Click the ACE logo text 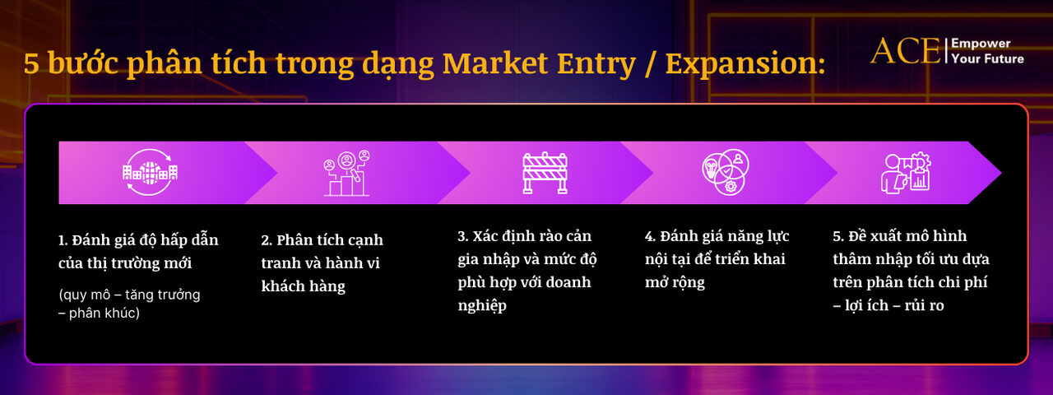click(905, 51)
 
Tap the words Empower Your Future click(987, 51)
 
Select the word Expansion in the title click(745, 63)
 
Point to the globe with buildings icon click(150, 172)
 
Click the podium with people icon click(346, 173)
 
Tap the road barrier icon click(545, 172)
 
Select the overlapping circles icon click(725, 173)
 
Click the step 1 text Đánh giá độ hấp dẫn click(138, 240)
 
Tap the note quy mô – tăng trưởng click(129, 294)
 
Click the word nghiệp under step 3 click(482, 305)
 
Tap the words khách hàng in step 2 click(303, 286)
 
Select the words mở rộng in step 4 click(675, 282)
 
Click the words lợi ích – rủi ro click(893, 305)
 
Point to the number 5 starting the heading click(30, 64)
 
